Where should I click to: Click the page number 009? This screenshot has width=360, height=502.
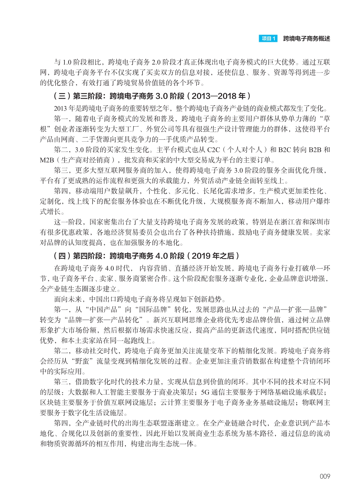tap(325, 476)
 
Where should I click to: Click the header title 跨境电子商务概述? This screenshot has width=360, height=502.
tap(306, 38)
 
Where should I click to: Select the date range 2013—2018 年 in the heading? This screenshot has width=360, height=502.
tap(218, 96)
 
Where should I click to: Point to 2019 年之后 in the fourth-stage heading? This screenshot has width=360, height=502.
tap(213, 256)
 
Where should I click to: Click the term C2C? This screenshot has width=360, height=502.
tap(214, 150)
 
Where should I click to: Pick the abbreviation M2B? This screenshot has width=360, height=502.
tap(47, 160)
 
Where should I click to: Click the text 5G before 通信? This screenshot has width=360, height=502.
tap(205, 392)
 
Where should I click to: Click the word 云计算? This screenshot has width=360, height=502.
tap(171, 402)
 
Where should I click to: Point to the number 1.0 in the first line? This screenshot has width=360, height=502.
tap(67, 62)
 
